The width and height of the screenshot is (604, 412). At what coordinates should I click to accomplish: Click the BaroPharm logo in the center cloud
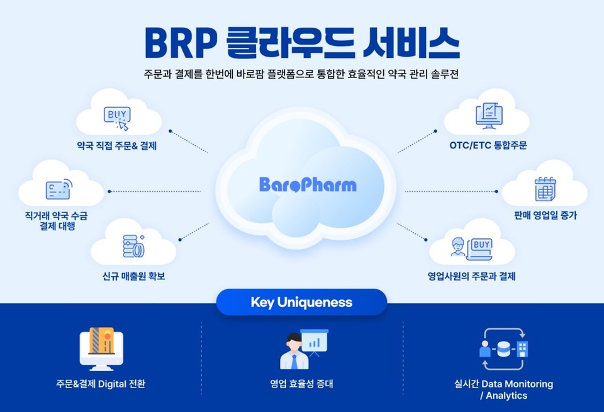click(308, 184)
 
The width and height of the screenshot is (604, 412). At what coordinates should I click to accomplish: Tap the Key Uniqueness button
click(301, 303)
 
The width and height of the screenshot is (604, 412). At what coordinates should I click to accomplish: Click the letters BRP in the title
click(181, 43)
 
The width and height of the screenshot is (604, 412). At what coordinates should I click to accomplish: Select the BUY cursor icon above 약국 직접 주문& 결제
click(117, 118)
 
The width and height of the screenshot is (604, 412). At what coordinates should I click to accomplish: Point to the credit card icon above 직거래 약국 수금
click(59, 189)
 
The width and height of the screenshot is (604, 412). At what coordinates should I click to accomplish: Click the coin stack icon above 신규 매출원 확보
click(133, 246)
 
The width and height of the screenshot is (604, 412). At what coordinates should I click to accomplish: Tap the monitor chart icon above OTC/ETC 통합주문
click(489, 116)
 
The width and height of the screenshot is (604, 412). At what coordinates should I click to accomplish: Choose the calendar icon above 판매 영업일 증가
click(545, 189)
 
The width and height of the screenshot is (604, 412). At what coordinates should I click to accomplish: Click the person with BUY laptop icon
click(471, 248)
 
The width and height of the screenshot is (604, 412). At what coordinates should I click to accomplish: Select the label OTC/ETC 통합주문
click(488, 145)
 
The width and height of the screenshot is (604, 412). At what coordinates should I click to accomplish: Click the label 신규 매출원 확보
click(133, 276)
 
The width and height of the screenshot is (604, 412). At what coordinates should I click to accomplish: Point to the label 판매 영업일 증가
click(545, 215)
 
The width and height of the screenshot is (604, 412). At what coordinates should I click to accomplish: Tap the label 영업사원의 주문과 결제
click(471, 276)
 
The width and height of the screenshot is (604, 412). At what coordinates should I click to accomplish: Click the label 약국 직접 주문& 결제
click(117, 145)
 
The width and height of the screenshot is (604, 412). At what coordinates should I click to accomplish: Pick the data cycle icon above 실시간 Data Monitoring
click(503, 349)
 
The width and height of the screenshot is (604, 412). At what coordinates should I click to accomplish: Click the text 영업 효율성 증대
click(301, 384)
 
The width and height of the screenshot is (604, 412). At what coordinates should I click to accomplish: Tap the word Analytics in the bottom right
click(506, 396)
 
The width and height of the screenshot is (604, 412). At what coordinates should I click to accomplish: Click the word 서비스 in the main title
click(411, 43)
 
